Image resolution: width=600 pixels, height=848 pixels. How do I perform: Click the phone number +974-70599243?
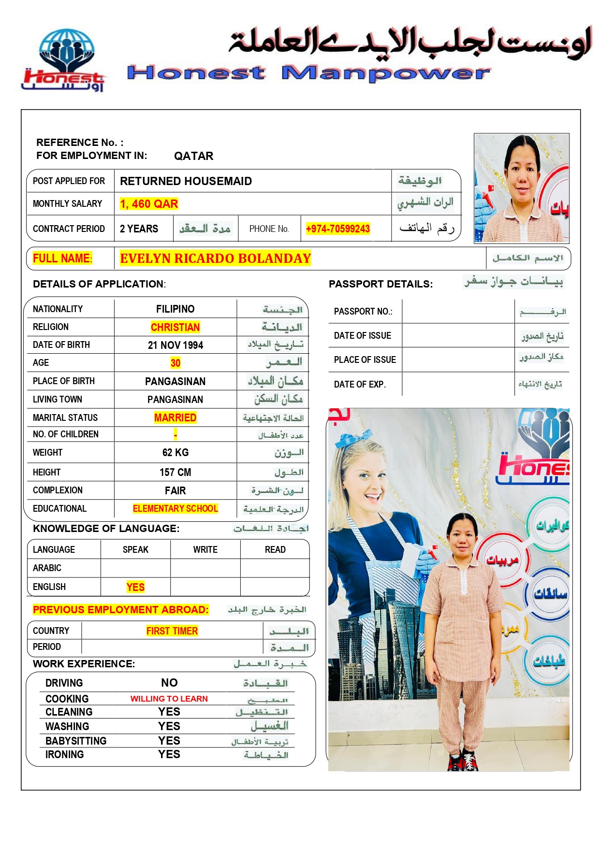(337, 229)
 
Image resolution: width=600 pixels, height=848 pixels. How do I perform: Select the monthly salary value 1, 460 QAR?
(149, 204)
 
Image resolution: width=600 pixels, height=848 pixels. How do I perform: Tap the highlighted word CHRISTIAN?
(175, 327)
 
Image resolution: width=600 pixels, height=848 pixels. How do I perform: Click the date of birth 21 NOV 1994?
(175, 345)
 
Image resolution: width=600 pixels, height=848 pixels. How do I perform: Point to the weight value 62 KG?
(175, 453)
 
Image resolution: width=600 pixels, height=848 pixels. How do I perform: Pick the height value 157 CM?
(175, 472)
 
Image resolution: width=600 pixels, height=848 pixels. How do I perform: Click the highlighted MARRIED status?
(175, 417)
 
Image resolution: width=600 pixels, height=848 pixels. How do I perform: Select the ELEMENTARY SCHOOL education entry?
(175, 508)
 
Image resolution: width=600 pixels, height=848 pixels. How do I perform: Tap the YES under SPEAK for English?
(135, 587)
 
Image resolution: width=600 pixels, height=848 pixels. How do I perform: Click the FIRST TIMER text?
(172, 631)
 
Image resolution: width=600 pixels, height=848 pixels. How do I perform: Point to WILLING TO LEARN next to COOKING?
(169, 699)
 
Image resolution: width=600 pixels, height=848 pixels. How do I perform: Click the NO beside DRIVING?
(169, 683)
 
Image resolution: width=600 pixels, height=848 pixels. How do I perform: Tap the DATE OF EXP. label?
(359, 385)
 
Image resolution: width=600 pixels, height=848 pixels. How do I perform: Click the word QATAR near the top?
(193, 156)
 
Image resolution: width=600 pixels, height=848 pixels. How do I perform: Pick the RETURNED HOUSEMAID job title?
(186, 181)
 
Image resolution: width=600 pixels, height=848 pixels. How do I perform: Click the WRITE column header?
(205, 550)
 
